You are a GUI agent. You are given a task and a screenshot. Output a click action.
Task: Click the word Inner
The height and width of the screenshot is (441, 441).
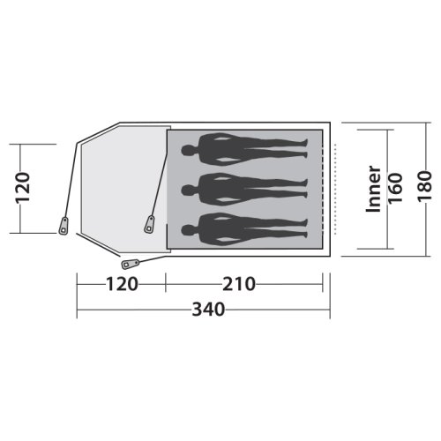click(373, 188)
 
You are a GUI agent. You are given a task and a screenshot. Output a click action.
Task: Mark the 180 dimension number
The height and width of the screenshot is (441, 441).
click(427, 188)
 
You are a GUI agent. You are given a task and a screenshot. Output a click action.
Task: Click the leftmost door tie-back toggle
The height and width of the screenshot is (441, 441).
click(64, 224)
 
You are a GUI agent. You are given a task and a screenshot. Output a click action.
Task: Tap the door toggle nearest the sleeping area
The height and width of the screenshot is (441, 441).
click(151, 223)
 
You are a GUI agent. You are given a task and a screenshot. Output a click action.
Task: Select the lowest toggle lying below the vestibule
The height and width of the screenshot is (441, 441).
click(131, 262)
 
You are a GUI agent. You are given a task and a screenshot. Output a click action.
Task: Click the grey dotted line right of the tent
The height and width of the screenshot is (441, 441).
click(335, 187)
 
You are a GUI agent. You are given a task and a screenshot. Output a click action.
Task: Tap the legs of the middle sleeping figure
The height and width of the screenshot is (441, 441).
click(273, 187)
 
